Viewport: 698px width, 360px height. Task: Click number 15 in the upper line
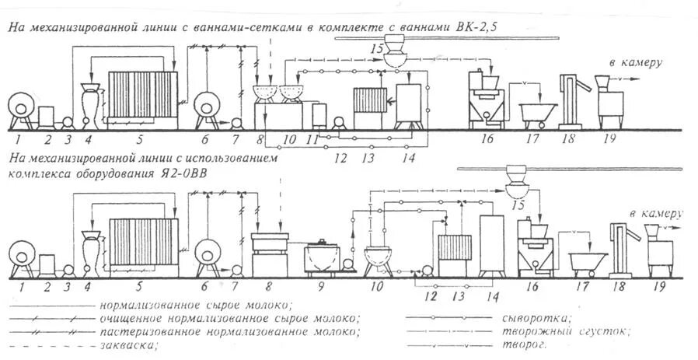tap(377, 49)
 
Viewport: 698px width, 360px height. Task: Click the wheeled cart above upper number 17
tap(536, 115)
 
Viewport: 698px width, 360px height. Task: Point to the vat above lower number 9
tap(321, 255)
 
